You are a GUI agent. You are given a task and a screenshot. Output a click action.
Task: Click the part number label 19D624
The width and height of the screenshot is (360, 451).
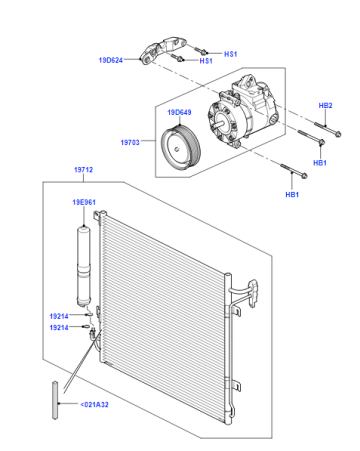(x=111, y=60)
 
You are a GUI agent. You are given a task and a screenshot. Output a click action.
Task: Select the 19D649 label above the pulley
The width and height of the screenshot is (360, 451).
(x=179, y=112)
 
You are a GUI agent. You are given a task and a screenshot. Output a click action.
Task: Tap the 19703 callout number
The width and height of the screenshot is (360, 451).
(x=130, y=142)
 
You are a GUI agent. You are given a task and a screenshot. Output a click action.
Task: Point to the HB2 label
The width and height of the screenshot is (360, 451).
(x=325, y=106)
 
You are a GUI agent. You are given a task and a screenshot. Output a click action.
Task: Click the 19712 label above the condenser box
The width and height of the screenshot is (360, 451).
(x=83, y=170)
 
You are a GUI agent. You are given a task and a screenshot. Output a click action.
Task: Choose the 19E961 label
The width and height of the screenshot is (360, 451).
(x=84, y=202)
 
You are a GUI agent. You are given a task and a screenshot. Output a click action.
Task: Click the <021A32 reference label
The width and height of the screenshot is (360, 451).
(x=94, y=404)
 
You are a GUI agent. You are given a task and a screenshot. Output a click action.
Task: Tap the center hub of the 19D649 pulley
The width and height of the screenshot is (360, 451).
(x=177, y=149)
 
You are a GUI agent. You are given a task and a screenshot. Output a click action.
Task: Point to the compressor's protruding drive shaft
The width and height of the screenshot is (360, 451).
(x=219, y=124)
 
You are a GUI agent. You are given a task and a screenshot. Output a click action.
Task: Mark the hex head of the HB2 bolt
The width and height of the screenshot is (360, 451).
(x=337, y=134)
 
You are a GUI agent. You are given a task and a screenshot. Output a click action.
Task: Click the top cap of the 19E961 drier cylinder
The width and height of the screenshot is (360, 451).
(x=84, y=228)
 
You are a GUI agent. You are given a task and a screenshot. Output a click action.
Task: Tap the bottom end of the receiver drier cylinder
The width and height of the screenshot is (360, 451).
(x=84, y=303)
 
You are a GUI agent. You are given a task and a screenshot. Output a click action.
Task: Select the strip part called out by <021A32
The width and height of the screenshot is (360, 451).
(x=55, y=400)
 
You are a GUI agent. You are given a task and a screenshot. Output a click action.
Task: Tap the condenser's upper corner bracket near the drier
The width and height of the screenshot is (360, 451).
(x=99, y=216)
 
